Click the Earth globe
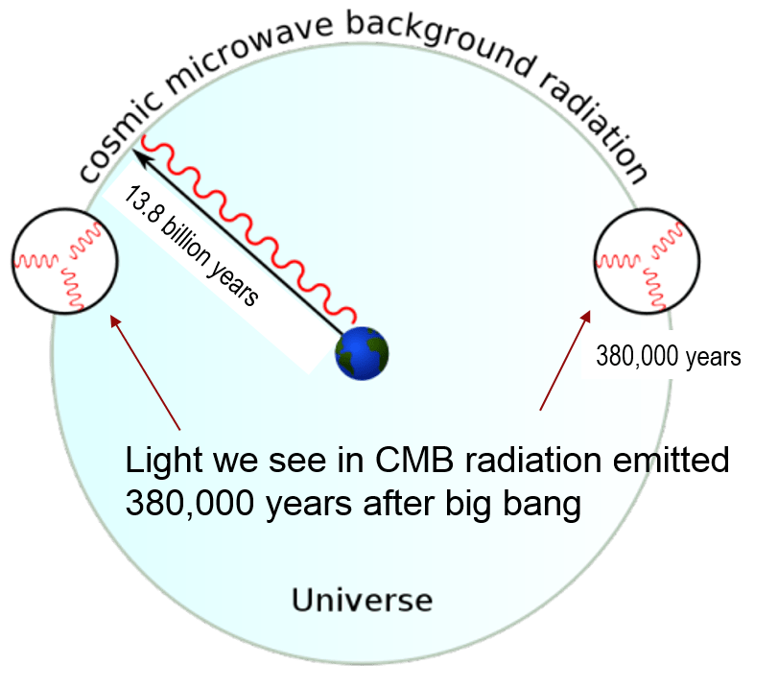pyautogui.click(x=362, y=353)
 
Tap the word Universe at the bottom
pyautogui.click(x=362, y=601)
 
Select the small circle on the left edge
pyautogui.click(x=64, y=259)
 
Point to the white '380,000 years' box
pyautogui.click(x=669, y=356)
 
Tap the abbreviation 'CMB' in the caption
pyautogui.click(x=402, y=461)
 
